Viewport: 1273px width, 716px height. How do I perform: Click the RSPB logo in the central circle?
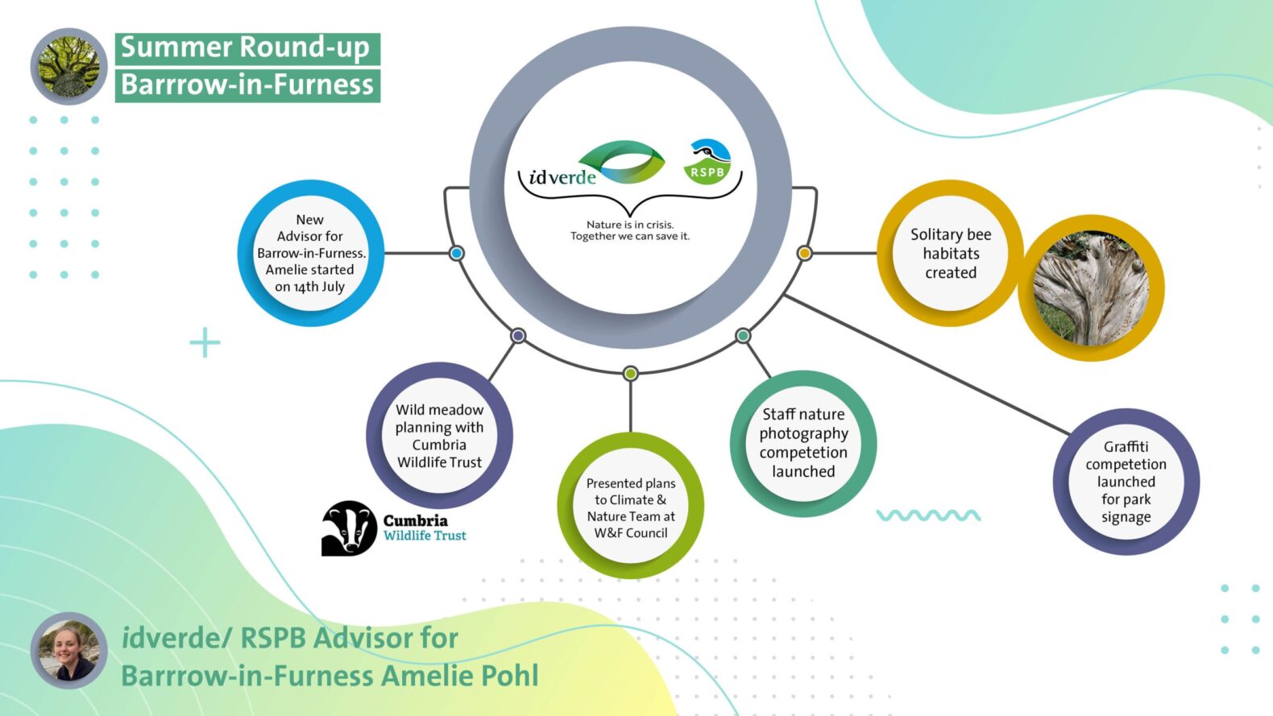(707, 161)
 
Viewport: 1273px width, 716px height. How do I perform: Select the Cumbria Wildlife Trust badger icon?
(349, 528)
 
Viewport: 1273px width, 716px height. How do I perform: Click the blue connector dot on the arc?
(457, 253)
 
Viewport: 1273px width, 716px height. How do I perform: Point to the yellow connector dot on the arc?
(804, 253)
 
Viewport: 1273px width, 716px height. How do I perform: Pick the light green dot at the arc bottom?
(631, 373)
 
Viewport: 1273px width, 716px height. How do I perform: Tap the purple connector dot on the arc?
(518, 335)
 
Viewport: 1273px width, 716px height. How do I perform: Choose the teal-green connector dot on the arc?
(743, 335)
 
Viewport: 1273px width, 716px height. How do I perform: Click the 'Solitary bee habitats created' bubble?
(950, 253)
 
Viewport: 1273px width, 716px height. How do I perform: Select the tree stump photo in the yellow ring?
(1091, 288)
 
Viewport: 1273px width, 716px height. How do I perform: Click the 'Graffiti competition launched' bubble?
(1126, 482)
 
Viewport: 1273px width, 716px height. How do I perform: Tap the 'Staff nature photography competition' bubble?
(803, 443)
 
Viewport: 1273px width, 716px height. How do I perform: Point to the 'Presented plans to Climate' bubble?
(631, 507)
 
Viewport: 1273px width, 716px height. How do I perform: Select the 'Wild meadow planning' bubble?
(439, 436)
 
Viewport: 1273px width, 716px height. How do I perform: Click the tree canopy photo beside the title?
(68, 67)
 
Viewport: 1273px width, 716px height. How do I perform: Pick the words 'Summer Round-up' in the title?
(246, 48)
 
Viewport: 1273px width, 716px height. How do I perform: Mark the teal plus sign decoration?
(205, 342)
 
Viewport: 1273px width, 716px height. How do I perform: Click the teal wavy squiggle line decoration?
(928, 515)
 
